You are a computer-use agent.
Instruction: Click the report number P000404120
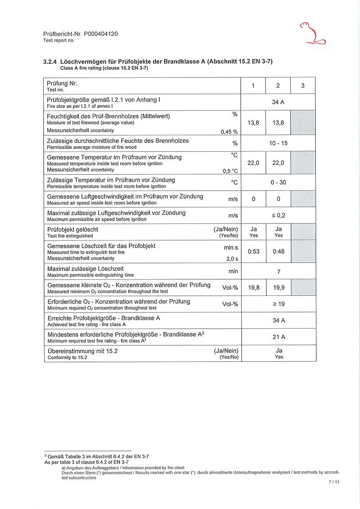pos(101,34)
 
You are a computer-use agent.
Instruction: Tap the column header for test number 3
pos(303,86)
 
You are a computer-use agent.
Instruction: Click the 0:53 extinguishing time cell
pos(253,252)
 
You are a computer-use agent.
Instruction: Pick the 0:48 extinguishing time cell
pos(279,252)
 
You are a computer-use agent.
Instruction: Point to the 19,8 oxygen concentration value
pos(253,288)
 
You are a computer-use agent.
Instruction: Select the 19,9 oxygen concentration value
pos(279,288)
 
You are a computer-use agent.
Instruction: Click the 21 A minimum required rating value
pos(279,337)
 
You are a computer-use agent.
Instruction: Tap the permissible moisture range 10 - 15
pos(279,143)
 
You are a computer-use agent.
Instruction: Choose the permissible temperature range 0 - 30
pos(279,183)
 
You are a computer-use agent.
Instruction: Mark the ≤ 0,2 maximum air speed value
pos(279,215)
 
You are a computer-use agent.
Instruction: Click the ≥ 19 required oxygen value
pos(279,304)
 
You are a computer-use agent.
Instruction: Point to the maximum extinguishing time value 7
pos(279,272)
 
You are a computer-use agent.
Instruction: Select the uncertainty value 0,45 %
pos(229,132)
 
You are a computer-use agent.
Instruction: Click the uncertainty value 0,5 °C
pos(230,171)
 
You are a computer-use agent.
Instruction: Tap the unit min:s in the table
pos(230,248)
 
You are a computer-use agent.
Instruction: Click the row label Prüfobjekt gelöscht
pos(72,229)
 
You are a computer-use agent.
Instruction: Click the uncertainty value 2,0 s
pos(232,259)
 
